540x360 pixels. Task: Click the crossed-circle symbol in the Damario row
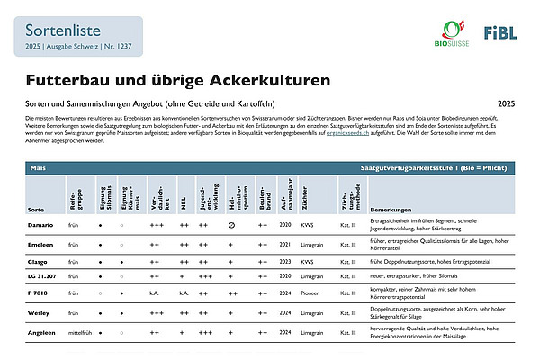coord(232,222)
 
